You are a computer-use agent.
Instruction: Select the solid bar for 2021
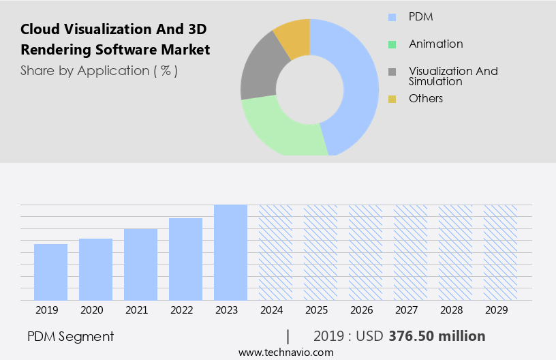tap(140, 264)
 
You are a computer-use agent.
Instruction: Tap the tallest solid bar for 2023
tap(230, 252)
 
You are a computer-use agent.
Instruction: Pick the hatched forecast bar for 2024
tap(275, 252)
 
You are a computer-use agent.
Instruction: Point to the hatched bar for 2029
tap(500, 252)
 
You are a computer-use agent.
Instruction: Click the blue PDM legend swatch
tap(392, 17)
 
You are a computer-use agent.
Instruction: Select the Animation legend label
tap(435, 44)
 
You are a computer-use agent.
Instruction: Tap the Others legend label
tap(426, 99)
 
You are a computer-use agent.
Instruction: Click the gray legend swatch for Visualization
tap(392, 72)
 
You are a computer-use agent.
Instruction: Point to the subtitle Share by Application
tap(99, 70)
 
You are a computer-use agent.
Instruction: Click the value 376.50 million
tap(437, 336)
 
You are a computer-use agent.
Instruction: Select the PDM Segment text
tap(71, 336)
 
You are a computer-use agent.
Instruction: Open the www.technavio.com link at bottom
tap(285, 352)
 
